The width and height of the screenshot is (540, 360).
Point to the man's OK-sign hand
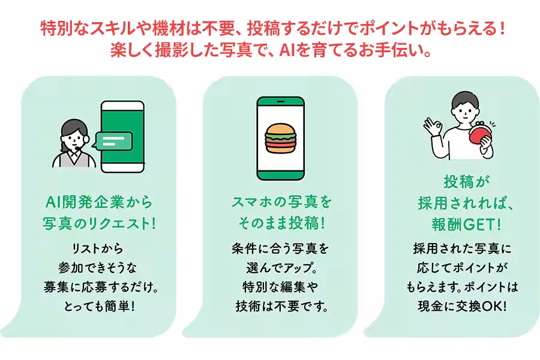point(433,127)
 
